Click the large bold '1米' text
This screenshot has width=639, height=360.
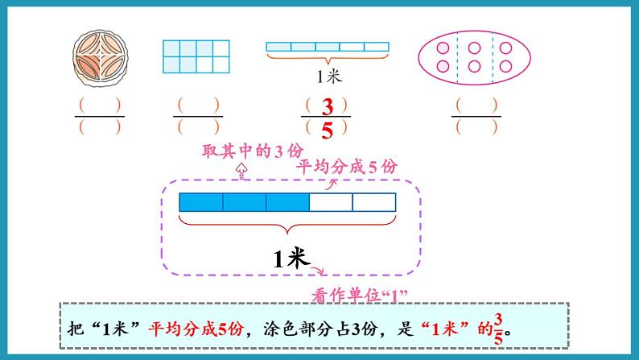[291, 259]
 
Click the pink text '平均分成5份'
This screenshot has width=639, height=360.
[347, 166]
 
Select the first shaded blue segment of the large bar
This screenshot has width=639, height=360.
[200, 201]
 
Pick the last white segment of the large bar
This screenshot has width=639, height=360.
[374, 201]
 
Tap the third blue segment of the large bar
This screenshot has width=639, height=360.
[287, 201]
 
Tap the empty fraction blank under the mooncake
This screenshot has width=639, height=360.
[100, 116]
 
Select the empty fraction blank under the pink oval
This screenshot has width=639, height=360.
[476, 116]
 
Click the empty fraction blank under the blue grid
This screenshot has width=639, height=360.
[197, 116]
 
